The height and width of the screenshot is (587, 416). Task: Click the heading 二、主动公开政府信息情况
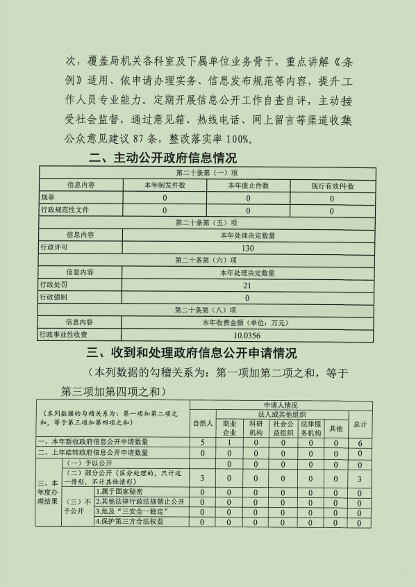(163, 158)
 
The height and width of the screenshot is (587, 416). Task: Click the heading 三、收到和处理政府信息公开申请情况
(191, 353)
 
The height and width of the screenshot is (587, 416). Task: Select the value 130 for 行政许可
(247, 248)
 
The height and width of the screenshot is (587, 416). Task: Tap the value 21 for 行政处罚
(247, 286)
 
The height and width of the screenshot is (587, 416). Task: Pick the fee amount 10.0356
(247, 335)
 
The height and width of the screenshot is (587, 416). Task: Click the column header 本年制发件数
(165, 185)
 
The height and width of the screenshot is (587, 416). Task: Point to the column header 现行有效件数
(332, 185)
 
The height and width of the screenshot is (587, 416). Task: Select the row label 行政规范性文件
(65, 210)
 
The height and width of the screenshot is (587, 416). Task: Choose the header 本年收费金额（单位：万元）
(247, 322)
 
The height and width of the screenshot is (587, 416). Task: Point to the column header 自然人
(202, 423)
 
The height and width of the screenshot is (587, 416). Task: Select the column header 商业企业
(229, 427)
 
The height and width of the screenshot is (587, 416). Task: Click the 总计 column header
(360, 423)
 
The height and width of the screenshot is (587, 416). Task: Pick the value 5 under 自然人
(202, 442)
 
